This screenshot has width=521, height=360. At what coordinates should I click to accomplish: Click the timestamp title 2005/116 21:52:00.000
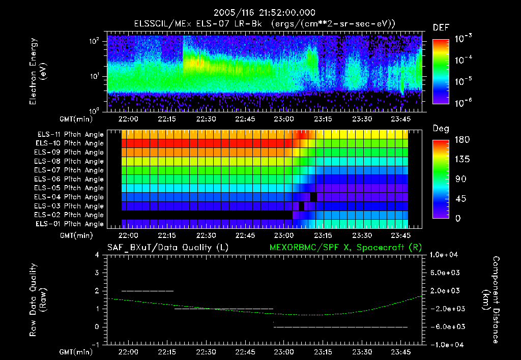260,13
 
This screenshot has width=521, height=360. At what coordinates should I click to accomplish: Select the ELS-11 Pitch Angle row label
70,135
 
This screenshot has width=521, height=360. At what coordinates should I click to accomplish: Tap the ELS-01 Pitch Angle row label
70,224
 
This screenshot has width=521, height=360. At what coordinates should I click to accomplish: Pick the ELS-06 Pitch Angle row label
70,179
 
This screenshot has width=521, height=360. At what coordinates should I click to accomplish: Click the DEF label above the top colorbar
441,27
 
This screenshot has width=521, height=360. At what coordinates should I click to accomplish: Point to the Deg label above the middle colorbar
441,129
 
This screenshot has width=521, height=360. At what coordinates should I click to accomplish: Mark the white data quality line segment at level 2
148,291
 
